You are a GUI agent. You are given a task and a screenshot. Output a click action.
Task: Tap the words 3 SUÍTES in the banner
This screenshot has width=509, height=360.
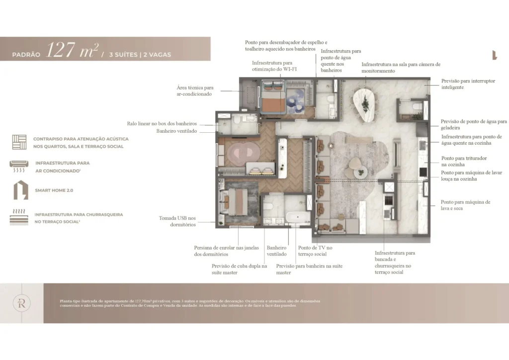(x=122, y=55)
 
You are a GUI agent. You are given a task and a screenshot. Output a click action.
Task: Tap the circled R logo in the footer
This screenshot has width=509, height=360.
(x=22, y=303)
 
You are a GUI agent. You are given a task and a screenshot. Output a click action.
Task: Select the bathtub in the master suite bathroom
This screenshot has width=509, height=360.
(x=297, y=218)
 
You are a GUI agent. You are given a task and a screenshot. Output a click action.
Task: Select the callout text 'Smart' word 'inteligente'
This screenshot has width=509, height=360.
(x=453, y=88)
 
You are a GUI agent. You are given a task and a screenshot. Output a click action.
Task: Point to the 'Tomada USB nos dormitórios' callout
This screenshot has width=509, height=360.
(x=177, y=221)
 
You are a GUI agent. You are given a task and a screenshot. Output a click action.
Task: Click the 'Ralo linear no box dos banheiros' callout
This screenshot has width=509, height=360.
(x=162, y=123)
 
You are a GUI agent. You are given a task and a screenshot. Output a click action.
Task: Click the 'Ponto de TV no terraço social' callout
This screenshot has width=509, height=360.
(x=315, y=251)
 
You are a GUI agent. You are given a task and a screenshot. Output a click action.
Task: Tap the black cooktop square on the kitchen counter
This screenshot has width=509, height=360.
(x=423, y=172)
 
